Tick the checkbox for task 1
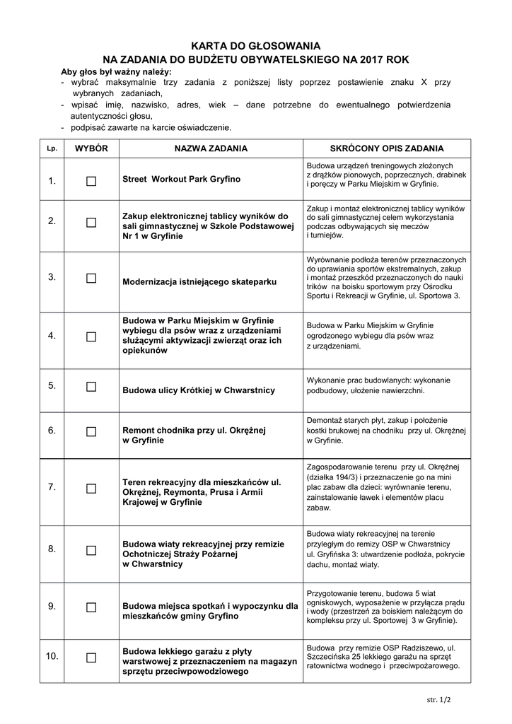click(91, 181)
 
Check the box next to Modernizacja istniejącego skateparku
click(91, 278)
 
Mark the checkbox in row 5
click(91, 387)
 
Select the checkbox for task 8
click(91, 550)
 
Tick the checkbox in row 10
click(91, 658)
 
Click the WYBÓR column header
click(91, 148)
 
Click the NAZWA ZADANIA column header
click(211, 148)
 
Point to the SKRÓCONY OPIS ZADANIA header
click(387, 148)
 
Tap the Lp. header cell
click(52, 148)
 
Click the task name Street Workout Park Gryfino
click(182, 180)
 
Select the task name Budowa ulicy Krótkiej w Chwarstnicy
click(199, 390)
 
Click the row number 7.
click(52, 487)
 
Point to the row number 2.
click(52, 221)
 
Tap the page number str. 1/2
click(438, 699)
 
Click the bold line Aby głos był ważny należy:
click(116, 72)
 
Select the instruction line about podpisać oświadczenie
click(151, 128)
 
